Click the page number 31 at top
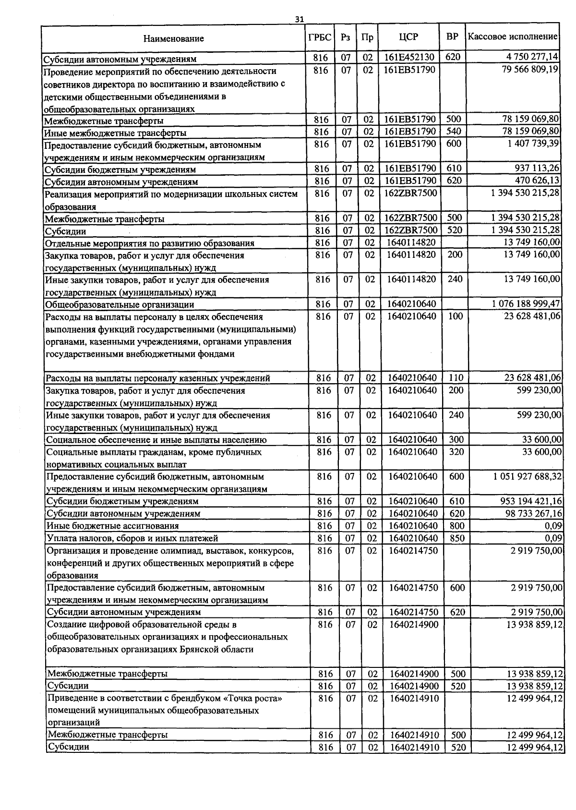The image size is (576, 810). pyautogui.click(x=299, y=19)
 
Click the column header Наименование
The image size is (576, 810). pyautogui.click(x=173, y=39)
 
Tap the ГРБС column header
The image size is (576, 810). pyautogui.click(x=320, y=37)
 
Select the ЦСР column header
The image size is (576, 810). pyautogui.click(x=408, y=37)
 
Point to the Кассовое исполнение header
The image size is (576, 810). pyautogui.click(x=513, y=36)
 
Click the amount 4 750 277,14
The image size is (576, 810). pyautogui.click(x=532, y=57)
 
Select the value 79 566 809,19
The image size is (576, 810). pyautogui.click(x=530, y=70)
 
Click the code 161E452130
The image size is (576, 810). pyautogui.click(x=409, y=58)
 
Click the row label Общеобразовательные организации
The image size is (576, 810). pyautogui.click(x=120, y=304)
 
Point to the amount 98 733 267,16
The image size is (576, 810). pyautogui.click(x=532, y=513)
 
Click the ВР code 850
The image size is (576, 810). pyautogui.click(x=457, y=538)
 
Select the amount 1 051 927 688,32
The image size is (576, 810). pyautogui.click(x=527, y=476)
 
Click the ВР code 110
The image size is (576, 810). pyautogui.click(x=456, y=378)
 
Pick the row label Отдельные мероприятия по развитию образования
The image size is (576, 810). pyautogui.click(x=149, y=243)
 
